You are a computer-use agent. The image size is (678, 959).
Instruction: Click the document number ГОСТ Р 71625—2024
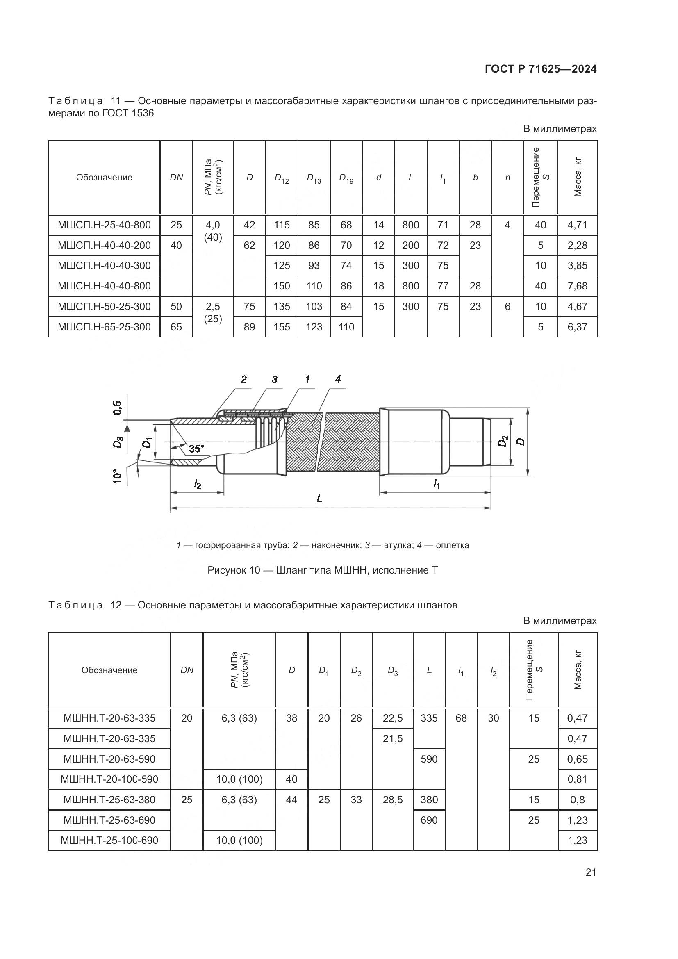pyautogui.click(x=541, y=69)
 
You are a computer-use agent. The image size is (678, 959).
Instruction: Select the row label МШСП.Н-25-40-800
pyautogui.click(x=104, y=225)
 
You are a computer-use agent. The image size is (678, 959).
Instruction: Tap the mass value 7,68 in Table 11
pyautogui.click(x=577, y=286)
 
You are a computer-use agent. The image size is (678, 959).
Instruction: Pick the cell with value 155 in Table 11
pyautogui.click(x=282, y=327)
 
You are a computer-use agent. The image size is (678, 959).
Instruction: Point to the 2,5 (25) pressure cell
pyautogui.click(x=212, y=312)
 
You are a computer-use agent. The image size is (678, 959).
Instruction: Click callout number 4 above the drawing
pyautogui.click(x=338, y=379)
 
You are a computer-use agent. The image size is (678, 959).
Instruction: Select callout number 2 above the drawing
pyautogui.click(x=244, y=379)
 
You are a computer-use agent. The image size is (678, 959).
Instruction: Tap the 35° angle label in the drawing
pyautogui.click(x=196, y=449)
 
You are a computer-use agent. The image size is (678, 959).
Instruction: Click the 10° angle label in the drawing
pyautogui.click(x=118, y=476)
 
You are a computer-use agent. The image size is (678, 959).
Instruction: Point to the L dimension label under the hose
pyautogui.click(x=320, y=499)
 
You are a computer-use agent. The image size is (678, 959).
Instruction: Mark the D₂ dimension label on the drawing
pyautogui.click(x=503, y=441)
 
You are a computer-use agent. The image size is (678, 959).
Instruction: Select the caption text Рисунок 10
pyautogui.click(x=234, y=571)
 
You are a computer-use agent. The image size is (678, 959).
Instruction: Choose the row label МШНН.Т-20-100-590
pyautogui.click(x=109, y=779)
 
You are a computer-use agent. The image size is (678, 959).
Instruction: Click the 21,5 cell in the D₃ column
pyautogui.click(x=392, y=738)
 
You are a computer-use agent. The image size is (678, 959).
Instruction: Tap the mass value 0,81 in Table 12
pyautogui.click(x=577, y=779)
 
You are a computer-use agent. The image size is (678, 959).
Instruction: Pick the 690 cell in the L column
pyautogui.click(x=429, y=820)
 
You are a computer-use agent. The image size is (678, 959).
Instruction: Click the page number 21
pyautogui.click(x=591, y=872)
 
